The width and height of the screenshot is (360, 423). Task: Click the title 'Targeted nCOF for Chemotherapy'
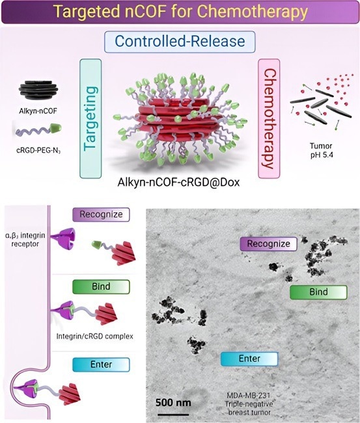coord(180,11)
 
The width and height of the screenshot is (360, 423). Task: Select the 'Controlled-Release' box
coord(180,42)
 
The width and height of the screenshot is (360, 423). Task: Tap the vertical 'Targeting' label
coord(90,118)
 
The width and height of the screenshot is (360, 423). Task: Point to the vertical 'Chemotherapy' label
coord(269,118)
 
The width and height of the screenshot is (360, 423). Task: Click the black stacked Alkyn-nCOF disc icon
coord(38,90)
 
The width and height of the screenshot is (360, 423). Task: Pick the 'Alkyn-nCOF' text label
coord(38,111)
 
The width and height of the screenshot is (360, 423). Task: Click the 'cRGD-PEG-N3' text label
coord(38,150)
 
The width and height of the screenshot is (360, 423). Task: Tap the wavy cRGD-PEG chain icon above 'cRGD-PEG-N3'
coord(38,130)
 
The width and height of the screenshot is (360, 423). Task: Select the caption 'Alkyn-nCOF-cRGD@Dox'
coord(178,182)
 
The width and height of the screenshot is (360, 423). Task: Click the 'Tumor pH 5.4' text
coord(321,151)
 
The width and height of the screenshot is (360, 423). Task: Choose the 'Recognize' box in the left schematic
coord(101,215)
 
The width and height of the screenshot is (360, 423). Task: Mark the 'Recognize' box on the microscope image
coord(268,244)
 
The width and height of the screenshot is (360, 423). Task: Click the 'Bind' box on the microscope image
coord(318,292)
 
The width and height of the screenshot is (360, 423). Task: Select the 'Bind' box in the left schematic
coord(101,287)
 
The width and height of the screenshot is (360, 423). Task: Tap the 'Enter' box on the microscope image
coord(249,359)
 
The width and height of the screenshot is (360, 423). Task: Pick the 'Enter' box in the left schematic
coord(101,364)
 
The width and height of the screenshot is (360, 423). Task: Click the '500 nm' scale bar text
coord(173,403)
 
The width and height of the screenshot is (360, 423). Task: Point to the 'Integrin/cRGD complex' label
coord(95,336)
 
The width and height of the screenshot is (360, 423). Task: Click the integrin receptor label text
coord(25,239)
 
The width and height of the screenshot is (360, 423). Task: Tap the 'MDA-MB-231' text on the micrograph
coord(249,396)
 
